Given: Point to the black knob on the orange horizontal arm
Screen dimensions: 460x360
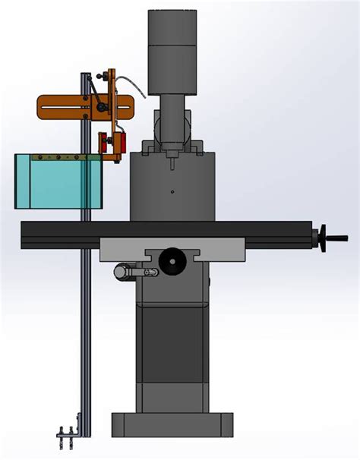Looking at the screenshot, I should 101,108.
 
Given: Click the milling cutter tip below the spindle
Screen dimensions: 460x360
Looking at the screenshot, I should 173,160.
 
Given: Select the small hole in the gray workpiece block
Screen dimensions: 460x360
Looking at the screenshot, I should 172,191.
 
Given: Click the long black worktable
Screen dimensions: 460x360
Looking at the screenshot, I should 167,233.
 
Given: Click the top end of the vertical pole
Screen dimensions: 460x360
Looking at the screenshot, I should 86,76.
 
